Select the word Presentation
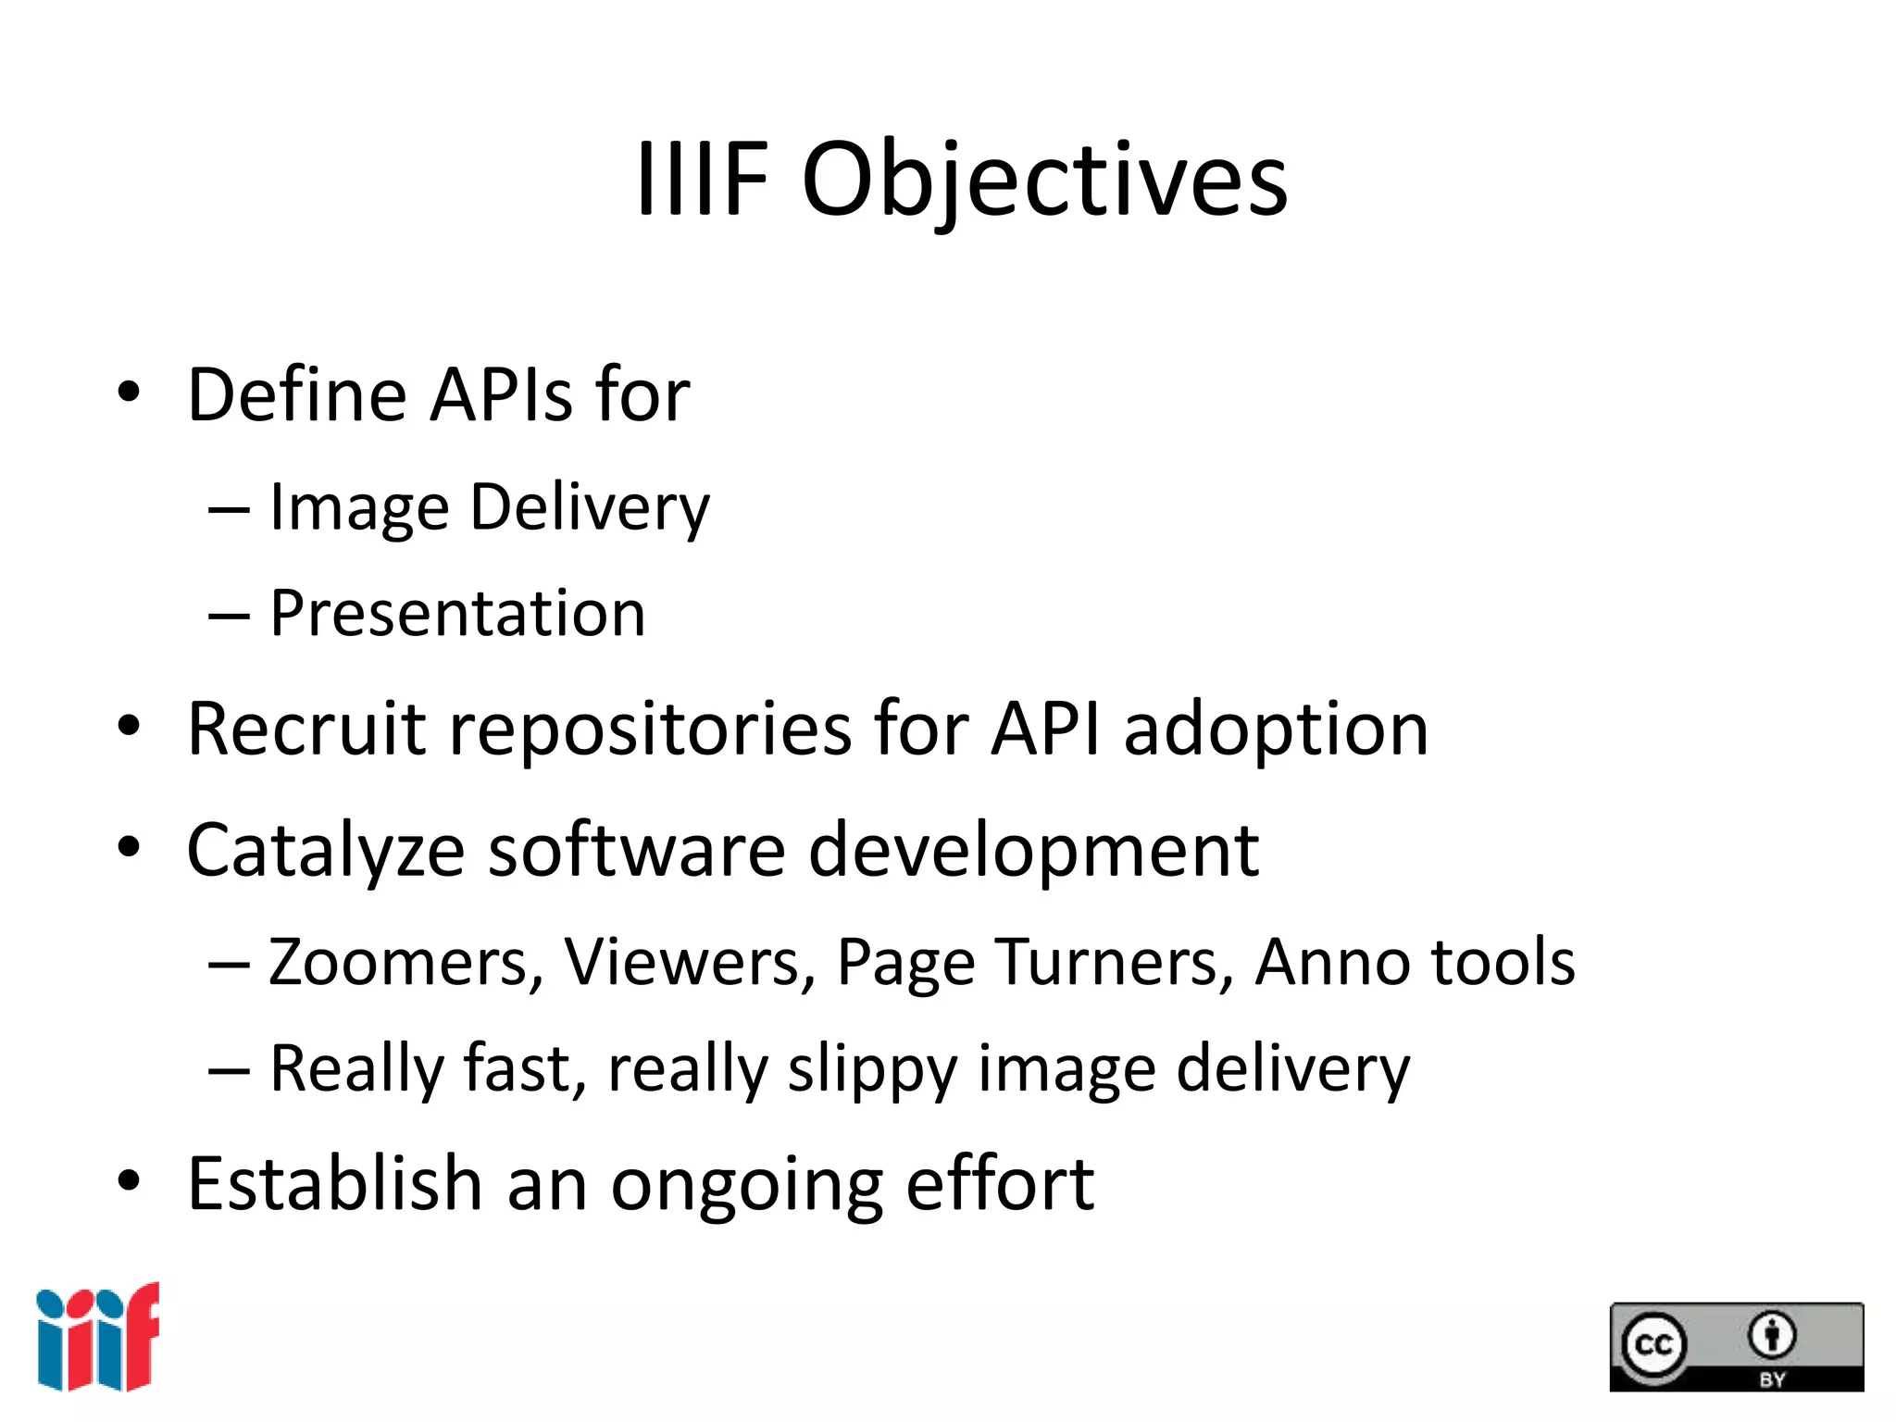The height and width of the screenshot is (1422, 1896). point(457,614)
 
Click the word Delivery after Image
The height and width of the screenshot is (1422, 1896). point(590,508)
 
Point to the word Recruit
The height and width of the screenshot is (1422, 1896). point(306,730)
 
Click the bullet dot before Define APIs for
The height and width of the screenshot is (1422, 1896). point(129,393)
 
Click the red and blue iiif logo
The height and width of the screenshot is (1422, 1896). point(98,1337)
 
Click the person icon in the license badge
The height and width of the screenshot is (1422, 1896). point(1771,1336)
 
